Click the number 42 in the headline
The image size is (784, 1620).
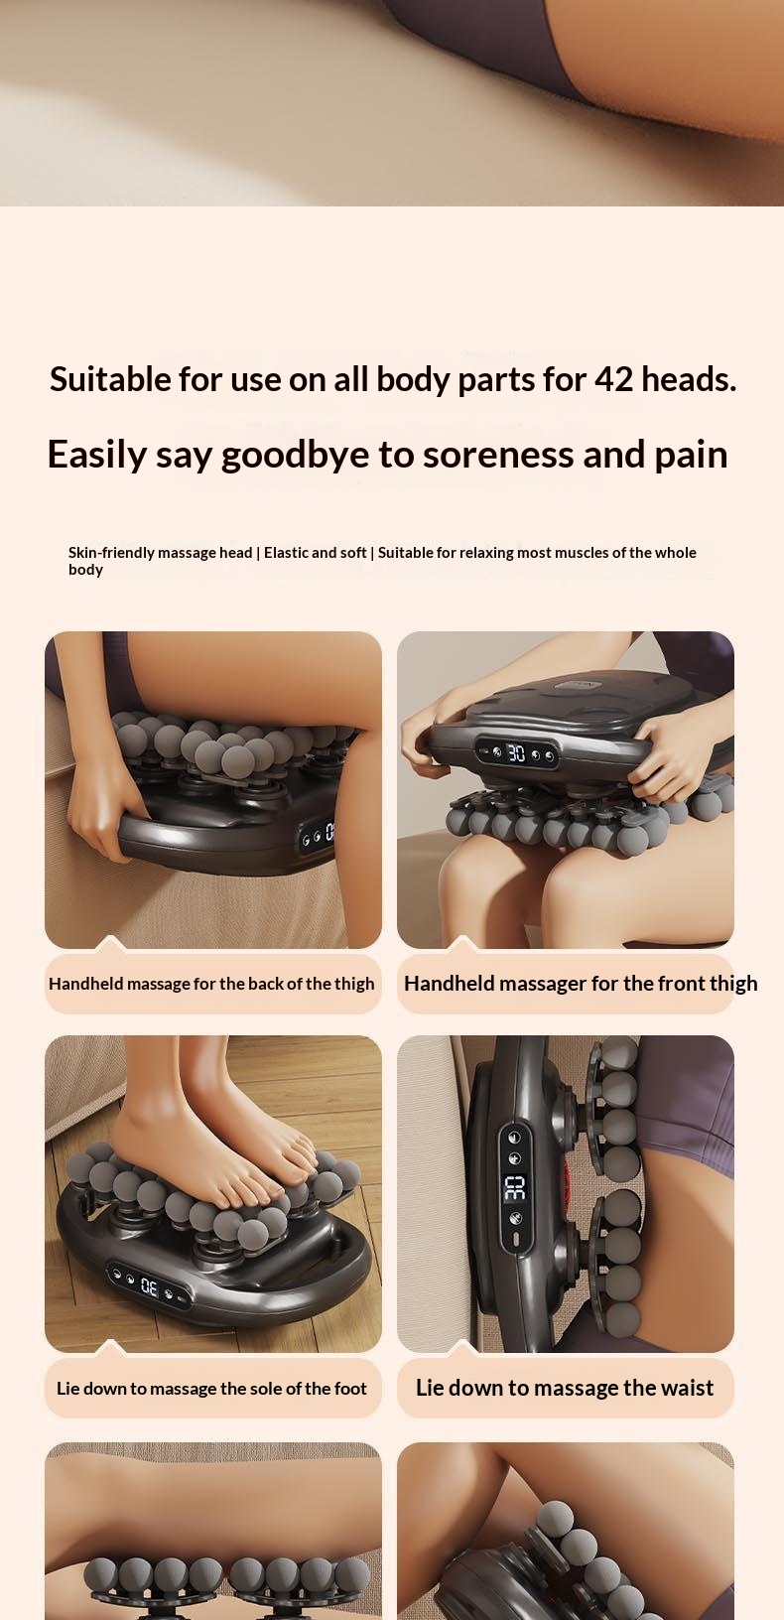point(613,379)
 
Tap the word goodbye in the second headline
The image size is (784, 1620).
point(296,456)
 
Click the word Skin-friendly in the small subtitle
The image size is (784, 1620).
point(112,553)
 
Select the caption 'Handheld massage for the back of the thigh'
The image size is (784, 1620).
point(212,984)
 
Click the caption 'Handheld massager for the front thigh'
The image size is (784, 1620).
point(581,984)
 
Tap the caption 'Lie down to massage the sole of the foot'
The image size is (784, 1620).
point(212,1388)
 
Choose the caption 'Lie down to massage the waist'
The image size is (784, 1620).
point(565,1387)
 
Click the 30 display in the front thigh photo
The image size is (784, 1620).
point(516,753)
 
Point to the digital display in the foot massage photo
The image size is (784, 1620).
point(148,1285)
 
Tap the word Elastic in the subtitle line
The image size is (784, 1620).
point(287,553)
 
